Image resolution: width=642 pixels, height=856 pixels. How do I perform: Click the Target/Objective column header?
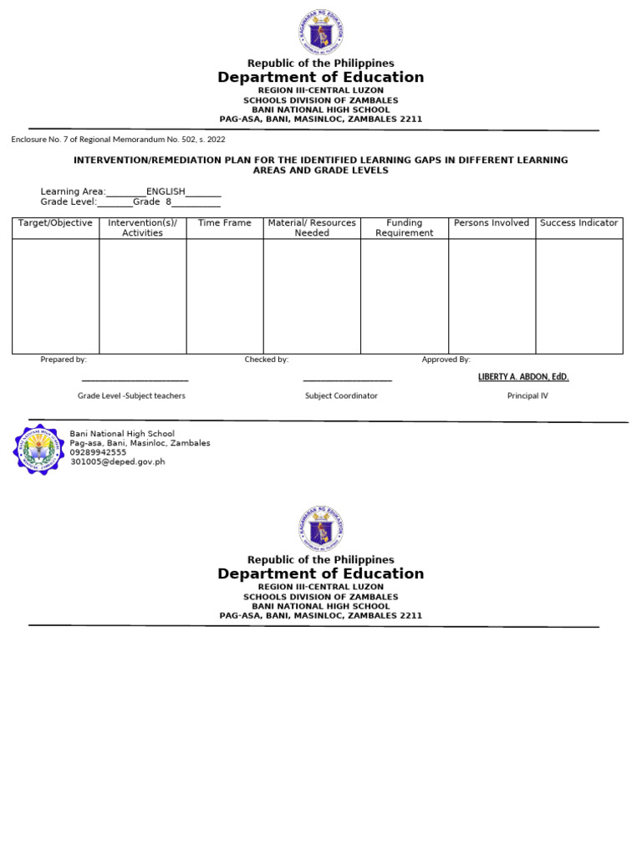click(x=55, y=223)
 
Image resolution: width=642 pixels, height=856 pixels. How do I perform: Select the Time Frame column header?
click(x=224, y=223)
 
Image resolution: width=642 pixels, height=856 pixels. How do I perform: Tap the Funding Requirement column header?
click(x=405, y=228)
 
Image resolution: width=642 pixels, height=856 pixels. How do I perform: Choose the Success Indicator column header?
click(x=578, y=223)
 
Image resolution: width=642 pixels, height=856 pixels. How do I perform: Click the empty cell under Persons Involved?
click(x=492, y=296)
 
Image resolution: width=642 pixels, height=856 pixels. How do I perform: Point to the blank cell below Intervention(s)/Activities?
click(x=142, y=296)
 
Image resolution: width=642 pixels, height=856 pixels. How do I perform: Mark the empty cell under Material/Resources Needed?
click(x=312, y=296)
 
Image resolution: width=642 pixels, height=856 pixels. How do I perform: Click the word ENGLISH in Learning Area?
click(x=166, y=191)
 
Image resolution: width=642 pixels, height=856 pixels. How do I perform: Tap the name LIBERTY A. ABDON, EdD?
click(x=523, y=377)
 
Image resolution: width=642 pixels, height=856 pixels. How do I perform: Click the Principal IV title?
click(x=527, y=395)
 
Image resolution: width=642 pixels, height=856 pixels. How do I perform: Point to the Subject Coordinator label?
click(x=341, y=395)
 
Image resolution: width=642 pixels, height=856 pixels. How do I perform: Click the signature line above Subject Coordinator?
click(x=347, y=381)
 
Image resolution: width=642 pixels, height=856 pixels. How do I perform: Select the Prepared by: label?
click(x=64, y=359)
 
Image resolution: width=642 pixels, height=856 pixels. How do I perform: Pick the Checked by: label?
click(x=266, y=359)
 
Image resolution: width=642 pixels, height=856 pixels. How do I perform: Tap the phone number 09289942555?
click(x=99, y=452)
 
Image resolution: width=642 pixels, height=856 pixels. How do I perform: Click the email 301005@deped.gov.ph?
click(x=118, y=461)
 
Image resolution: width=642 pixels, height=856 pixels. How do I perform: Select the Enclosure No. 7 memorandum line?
click(x=118, y=140)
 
